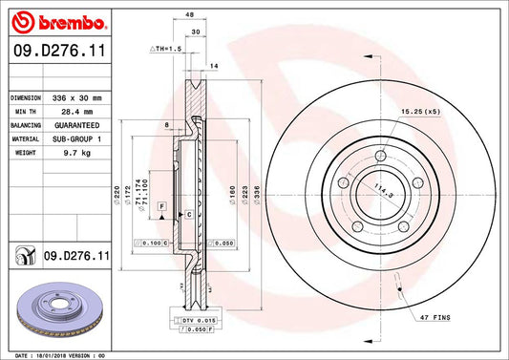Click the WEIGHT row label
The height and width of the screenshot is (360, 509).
point(23,152)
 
